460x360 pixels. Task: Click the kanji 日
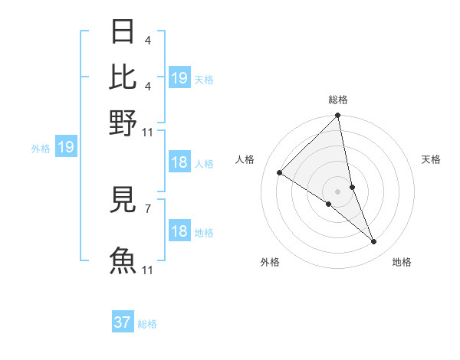tap(123, 32)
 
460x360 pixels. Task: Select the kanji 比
tap(123, 77)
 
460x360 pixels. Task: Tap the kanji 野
tap(123, 122)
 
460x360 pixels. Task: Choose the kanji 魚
tap(123, 260)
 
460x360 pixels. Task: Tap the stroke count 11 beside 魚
tap(148, 269)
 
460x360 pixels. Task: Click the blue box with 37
tap(123, 322)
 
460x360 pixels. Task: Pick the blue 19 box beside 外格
tap(66, 147)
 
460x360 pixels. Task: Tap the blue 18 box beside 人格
tap(179, 162)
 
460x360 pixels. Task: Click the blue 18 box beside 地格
tap(179, 231)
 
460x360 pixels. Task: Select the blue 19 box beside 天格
tap(179, 78)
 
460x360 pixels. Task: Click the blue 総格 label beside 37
tap(147, 324)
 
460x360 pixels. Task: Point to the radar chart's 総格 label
tap(338, 100)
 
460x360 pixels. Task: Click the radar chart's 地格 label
tap(402, 262)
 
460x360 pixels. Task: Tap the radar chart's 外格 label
tap(270, 262)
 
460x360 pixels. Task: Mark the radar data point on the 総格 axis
tap(338, 116)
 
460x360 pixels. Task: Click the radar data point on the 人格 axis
tap(280, 172)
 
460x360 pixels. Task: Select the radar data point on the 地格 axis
tap(374, 241)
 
